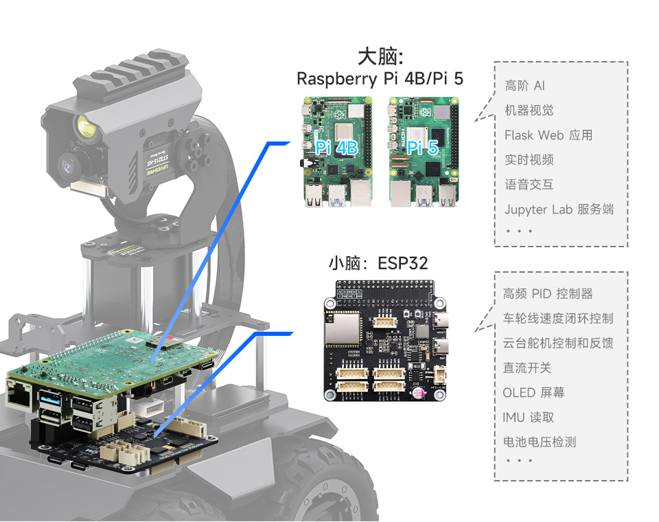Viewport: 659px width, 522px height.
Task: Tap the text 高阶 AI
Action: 525,86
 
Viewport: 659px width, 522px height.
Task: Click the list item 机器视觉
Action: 529,111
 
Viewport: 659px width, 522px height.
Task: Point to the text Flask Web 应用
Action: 548,135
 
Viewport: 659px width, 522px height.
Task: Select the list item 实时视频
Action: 529,160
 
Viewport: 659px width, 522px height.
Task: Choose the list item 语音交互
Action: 529,185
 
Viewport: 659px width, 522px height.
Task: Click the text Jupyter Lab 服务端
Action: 559,209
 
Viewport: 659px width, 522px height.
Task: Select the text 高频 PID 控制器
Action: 548,294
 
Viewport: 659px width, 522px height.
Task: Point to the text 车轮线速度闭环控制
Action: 558,319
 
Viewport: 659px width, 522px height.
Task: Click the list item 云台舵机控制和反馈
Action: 558,343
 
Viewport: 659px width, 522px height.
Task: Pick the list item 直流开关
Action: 527,368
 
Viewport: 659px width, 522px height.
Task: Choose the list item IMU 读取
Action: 529,418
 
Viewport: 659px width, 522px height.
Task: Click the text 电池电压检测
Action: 540,442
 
